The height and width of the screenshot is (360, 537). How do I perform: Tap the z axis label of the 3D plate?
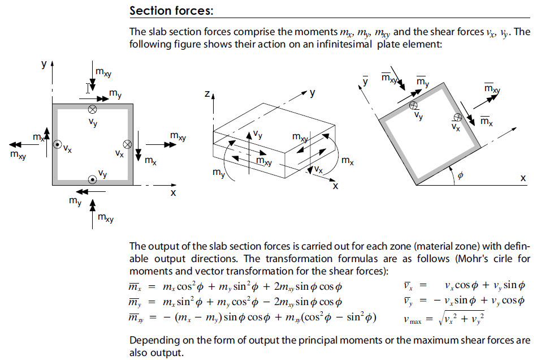coord(207,96)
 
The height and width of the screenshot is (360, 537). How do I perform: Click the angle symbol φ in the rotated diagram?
coord(460,176)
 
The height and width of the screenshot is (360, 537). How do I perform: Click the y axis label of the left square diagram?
coord(44,64)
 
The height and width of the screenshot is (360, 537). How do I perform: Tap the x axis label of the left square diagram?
coord(173,192)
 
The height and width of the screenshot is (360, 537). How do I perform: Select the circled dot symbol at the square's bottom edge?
coord(92,179)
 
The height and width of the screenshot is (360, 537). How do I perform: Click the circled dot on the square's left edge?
coord(57,145)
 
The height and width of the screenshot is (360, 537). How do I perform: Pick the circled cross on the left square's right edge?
coord(128,144)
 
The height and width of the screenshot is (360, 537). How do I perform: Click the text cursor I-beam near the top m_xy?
coord(88,88)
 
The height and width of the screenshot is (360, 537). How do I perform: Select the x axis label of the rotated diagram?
coord(523,177)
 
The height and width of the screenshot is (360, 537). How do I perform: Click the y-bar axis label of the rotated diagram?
coord(366,80)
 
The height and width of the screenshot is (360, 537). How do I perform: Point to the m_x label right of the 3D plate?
coord(348,161)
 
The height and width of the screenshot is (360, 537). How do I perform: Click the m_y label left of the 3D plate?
coord(218,173)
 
